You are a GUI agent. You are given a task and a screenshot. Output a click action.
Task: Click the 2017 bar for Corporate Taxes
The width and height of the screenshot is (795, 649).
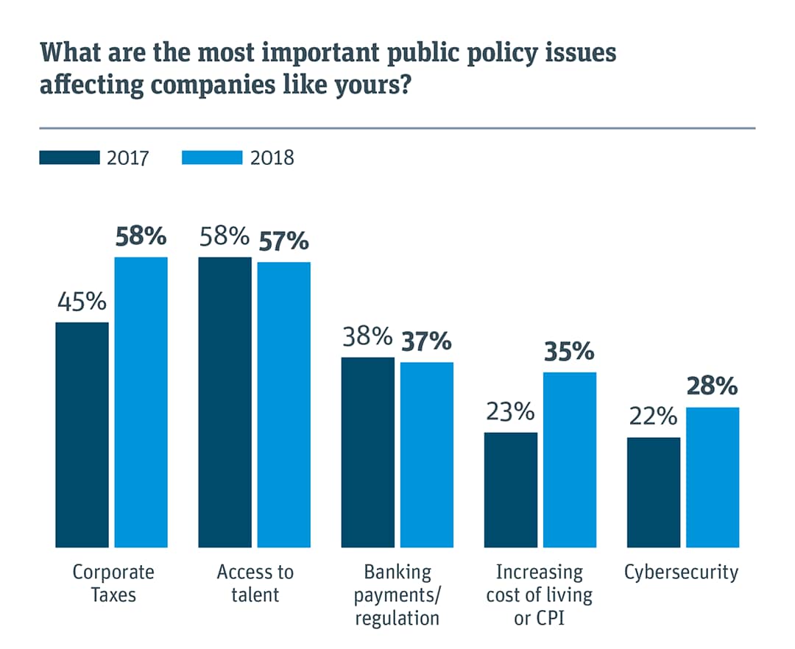(x=82, y=434)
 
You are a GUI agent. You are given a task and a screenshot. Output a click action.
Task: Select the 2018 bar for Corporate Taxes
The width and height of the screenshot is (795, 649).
(x=141, y=402)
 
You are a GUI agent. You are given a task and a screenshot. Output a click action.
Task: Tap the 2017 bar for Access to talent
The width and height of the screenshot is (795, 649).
(x=225, y=402)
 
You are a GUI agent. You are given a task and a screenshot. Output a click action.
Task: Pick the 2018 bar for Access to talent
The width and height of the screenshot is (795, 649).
(x=284, y=405)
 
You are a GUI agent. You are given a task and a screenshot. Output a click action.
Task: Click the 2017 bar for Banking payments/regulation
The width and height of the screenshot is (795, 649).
(x=368, y=452)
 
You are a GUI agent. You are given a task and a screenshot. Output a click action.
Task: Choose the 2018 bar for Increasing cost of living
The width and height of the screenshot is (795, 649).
(x=570, y=460)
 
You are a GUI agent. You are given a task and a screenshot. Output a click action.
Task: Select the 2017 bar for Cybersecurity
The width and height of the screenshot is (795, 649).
(x=654, y=492)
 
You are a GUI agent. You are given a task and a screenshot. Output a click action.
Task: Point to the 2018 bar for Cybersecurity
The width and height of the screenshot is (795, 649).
(x=713, y=477)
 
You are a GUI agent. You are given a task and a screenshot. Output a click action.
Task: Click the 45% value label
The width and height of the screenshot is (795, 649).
(x=82, y=302)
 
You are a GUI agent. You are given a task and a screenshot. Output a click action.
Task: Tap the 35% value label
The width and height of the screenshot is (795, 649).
(x=569, y=352)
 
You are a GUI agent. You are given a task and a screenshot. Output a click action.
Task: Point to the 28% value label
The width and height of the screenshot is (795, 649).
(x=712, y=386)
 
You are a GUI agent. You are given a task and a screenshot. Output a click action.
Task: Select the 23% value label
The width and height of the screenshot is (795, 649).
(x=510, y=411)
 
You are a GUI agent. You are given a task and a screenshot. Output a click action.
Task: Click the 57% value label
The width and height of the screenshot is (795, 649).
(x=283, y=241)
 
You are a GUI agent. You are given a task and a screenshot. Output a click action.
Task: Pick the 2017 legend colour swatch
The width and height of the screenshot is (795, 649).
(x=69, y=157)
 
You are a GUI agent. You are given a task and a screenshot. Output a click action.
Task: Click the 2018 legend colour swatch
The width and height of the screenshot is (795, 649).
(x=212, y=157)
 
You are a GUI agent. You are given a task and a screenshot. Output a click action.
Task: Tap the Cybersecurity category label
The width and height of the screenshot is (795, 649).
(x=682, y=572)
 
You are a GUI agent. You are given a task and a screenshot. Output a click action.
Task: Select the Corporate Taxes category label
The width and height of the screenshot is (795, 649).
(x=113, y=583)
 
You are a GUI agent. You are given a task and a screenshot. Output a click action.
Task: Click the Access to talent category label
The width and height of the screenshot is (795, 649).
(x=255, y=583)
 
